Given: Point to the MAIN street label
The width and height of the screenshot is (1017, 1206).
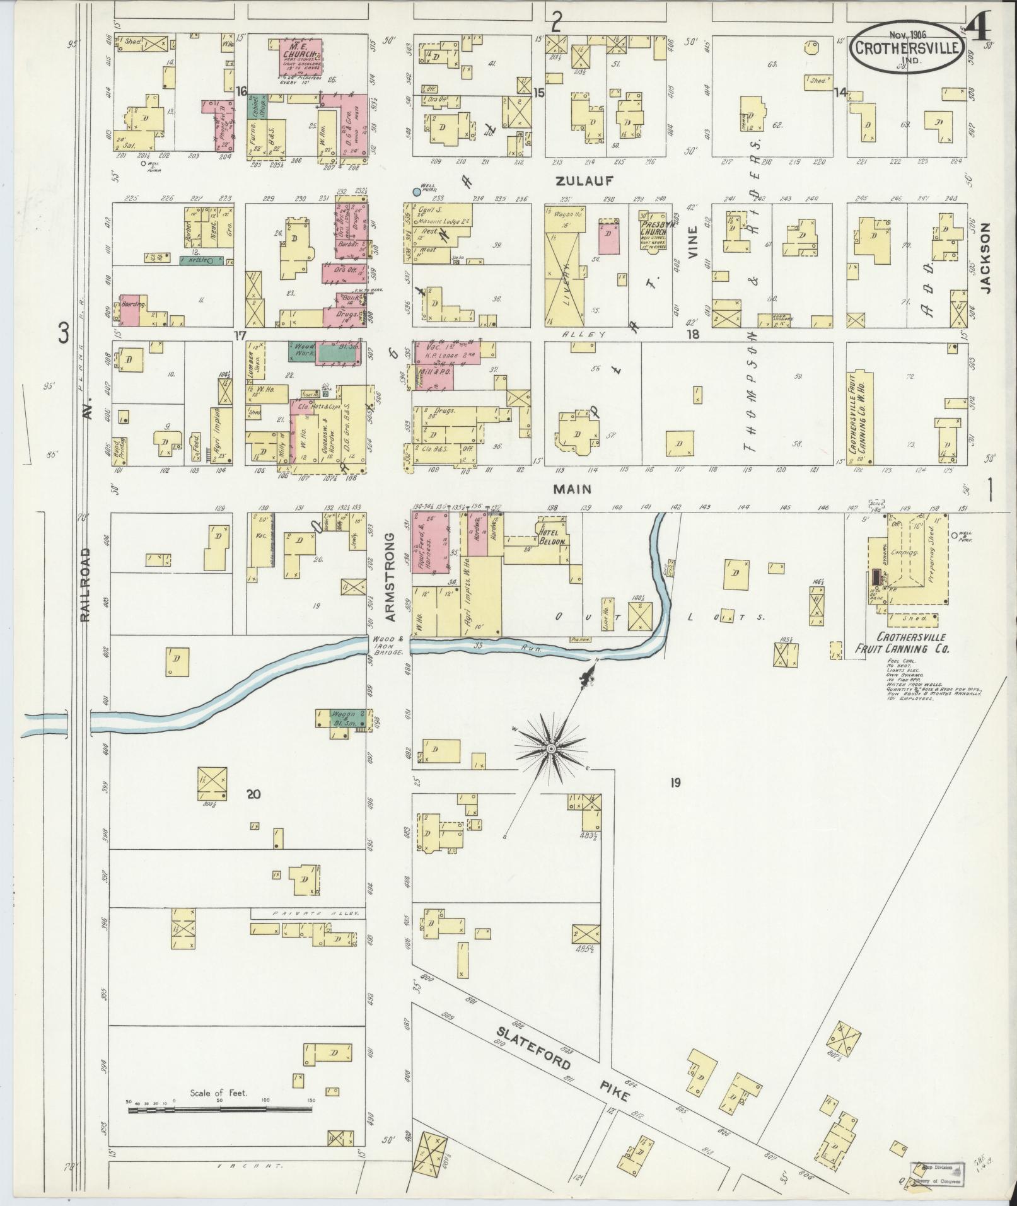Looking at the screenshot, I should click(572, 488).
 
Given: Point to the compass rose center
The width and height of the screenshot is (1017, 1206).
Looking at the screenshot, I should click(551, 748).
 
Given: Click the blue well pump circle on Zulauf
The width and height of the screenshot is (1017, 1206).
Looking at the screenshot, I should click(416, 190).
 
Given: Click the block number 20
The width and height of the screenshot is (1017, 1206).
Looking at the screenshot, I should click(253, 794).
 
